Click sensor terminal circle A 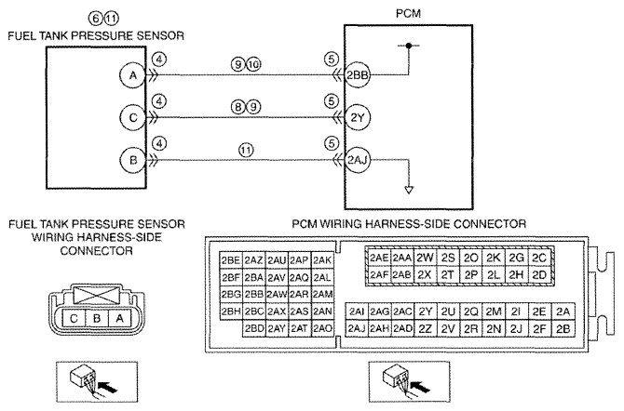133,74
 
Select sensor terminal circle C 133,117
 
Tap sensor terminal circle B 133,160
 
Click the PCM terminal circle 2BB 357,74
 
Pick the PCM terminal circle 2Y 357,117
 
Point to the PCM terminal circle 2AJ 357,160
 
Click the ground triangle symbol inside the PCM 409,190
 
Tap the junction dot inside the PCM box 409,46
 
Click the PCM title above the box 408,14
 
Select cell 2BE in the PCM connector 231,260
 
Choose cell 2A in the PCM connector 563,312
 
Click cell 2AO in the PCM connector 322,328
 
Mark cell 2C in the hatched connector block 539,258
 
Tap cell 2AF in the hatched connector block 379,274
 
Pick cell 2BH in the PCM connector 231,312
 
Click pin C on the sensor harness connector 74,318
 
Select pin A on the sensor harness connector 119,318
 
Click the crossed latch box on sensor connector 96,296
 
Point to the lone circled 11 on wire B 246,150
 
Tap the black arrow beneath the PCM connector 420,386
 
